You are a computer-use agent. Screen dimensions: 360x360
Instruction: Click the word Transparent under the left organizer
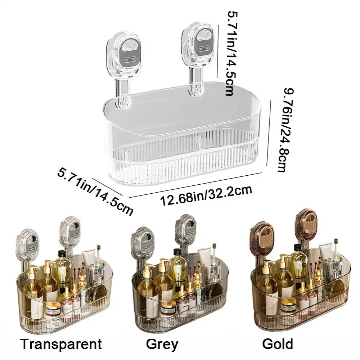pos(61,344)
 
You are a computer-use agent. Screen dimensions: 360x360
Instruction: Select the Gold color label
pos(278,344)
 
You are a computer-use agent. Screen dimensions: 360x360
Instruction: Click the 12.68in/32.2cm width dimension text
pos(206,195)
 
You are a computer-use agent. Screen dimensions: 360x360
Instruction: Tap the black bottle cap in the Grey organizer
pos(177,252)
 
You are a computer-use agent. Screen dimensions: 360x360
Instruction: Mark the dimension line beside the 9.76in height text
pos(269,133)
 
